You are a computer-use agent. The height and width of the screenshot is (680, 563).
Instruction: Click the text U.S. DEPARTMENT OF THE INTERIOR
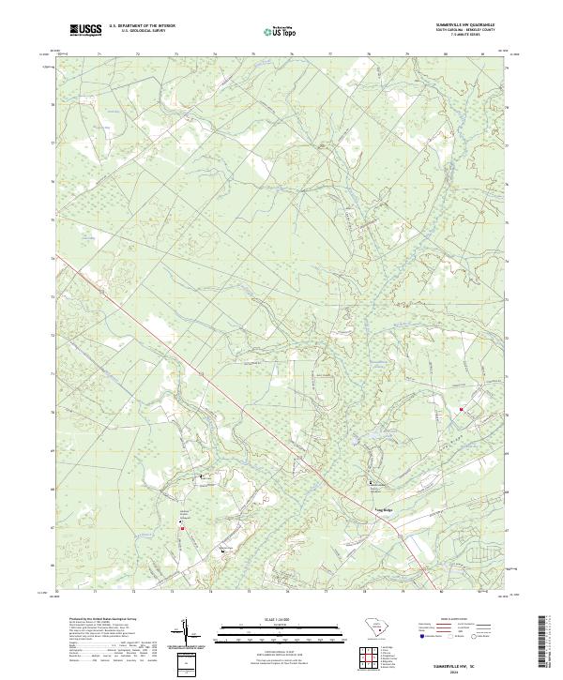click(142, 25)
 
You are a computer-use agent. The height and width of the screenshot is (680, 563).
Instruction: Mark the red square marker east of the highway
click(461, 408)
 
